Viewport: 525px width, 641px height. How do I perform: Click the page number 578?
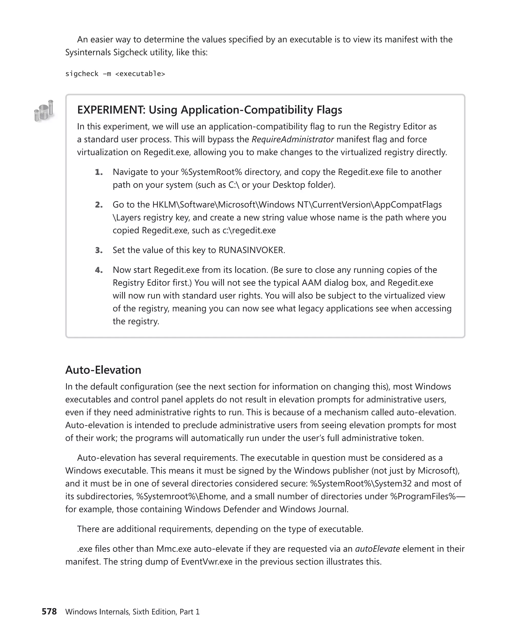[49, 611]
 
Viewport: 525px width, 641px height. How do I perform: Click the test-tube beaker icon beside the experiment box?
[44, 111]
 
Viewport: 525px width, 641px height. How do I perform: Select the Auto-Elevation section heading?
[103, 370]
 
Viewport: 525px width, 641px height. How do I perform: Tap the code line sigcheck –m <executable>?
[115, 74]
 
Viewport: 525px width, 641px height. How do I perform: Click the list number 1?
[99, 172]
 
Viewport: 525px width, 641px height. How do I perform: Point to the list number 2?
[99, 205]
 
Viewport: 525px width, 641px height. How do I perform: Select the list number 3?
[99, 250]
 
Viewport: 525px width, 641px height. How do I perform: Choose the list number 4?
[99, 270]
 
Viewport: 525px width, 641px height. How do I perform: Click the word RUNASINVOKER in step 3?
[251, 250]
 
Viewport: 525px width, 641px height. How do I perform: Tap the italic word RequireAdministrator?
[292, 139]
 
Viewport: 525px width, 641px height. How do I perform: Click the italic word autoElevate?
[377, 549]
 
